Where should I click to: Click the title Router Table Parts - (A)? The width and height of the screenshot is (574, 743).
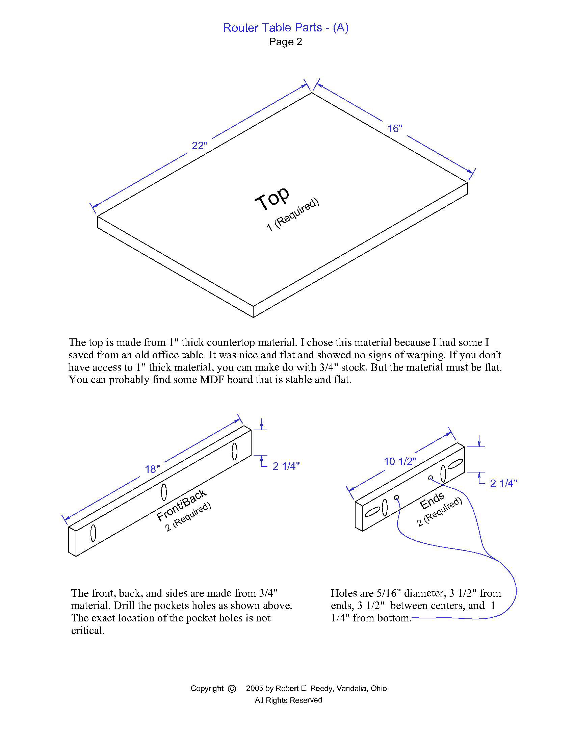(286, 28)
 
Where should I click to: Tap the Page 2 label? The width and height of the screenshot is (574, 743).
(285, 42)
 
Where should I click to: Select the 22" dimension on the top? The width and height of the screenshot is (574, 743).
(199, 146)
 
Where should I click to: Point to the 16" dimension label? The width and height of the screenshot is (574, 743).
(395, 129)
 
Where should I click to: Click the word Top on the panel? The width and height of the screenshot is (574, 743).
(272, 198)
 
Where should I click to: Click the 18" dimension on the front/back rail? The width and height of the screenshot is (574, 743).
(152, 469)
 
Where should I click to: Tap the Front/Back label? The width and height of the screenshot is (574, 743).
(181, 505)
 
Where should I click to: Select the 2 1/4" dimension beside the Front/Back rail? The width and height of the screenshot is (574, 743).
(286, 466)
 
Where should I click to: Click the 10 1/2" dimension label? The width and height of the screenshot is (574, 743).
(400, 461)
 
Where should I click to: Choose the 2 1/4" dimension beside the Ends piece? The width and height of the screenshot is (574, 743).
(504, 483)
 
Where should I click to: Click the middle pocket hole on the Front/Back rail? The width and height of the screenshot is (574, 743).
(164, 492)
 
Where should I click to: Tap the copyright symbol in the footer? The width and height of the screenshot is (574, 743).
(232, 689)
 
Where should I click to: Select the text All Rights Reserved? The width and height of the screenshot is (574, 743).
(288, 700)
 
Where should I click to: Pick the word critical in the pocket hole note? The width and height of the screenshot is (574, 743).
(88, 631)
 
